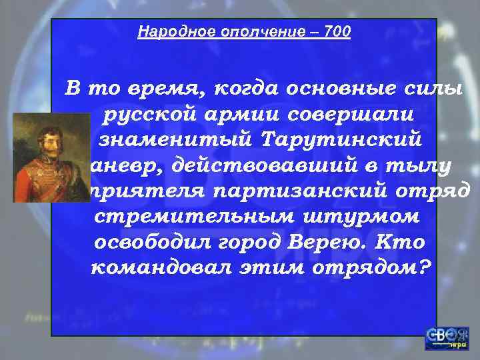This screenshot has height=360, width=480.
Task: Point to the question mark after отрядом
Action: (424, 267)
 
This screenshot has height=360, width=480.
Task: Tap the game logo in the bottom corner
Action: (446, 339)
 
